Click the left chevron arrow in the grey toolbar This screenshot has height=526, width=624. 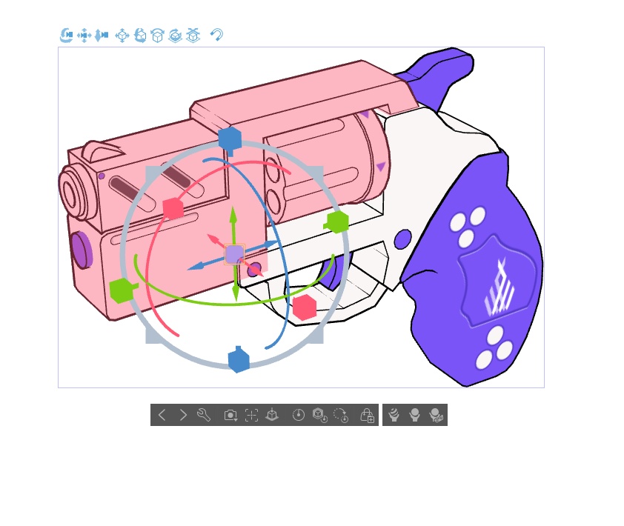pos(162,415)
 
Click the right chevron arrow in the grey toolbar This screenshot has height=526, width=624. pos(183,415)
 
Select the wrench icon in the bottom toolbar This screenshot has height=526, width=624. pos(204,415)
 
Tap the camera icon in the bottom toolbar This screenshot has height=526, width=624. pos(230,416)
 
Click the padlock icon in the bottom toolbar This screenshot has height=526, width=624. pos(367,416)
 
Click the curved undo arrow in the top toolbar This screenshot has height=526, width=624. pos(216,34)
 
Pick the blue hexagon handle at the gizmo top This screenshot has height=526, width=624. pos(230,139)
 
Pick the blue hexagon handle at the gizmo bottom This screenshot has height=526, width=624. pos(238,360)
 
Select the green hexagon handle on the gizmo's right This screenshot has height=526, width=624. pos(337,222)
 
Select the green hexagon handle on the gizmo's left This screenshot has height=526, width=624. pos(121,290)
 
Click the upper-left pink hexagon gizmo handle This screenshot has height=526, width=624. pos(173,208)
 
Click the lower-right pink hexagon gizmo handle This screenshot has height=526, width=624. pos(305,307)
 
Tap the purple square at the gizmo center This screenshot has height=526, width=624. pos(234,255)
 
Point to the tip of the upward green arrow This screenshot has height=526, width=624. pos(233,211)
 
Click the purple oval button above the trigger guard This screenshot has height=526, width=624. pos(402,239)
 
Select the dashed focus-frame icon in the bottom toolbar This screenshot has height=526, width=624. pos(251,416)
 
